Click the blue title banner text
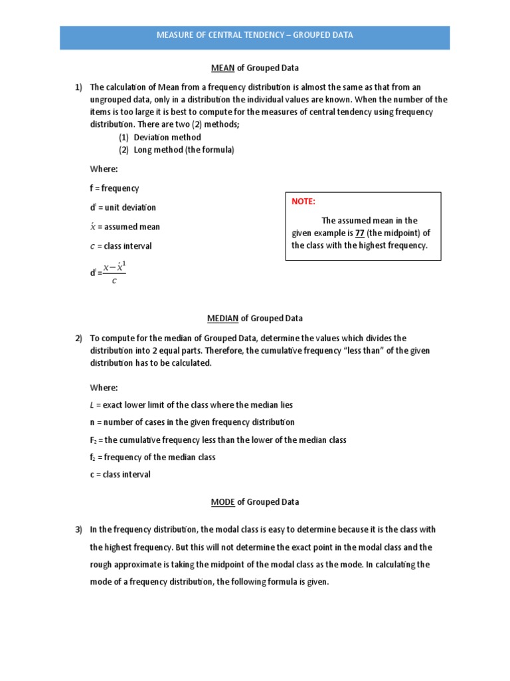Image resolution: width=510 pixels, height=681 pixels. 254,35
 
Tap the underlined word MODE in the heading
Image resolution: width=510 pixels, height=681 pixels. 222,502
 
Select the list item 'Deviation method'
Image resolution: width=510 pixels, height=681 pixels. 167,137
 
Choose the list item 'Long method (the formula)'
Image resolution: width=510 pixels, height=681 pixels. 184,150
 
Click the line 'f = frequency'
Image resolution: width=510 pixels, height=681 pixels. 114,188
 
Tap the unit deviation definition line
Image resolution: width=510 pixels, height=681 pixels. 123,207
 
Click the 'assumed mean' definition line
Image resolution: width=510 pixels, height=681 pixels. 125,227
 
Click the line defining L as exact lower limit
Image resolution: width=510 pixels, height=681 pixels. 191,404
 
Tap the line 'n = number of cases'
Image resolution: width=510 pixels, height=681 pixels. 192,422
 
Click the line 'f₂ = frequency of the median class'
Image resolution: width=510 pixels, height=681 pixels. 153,457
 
